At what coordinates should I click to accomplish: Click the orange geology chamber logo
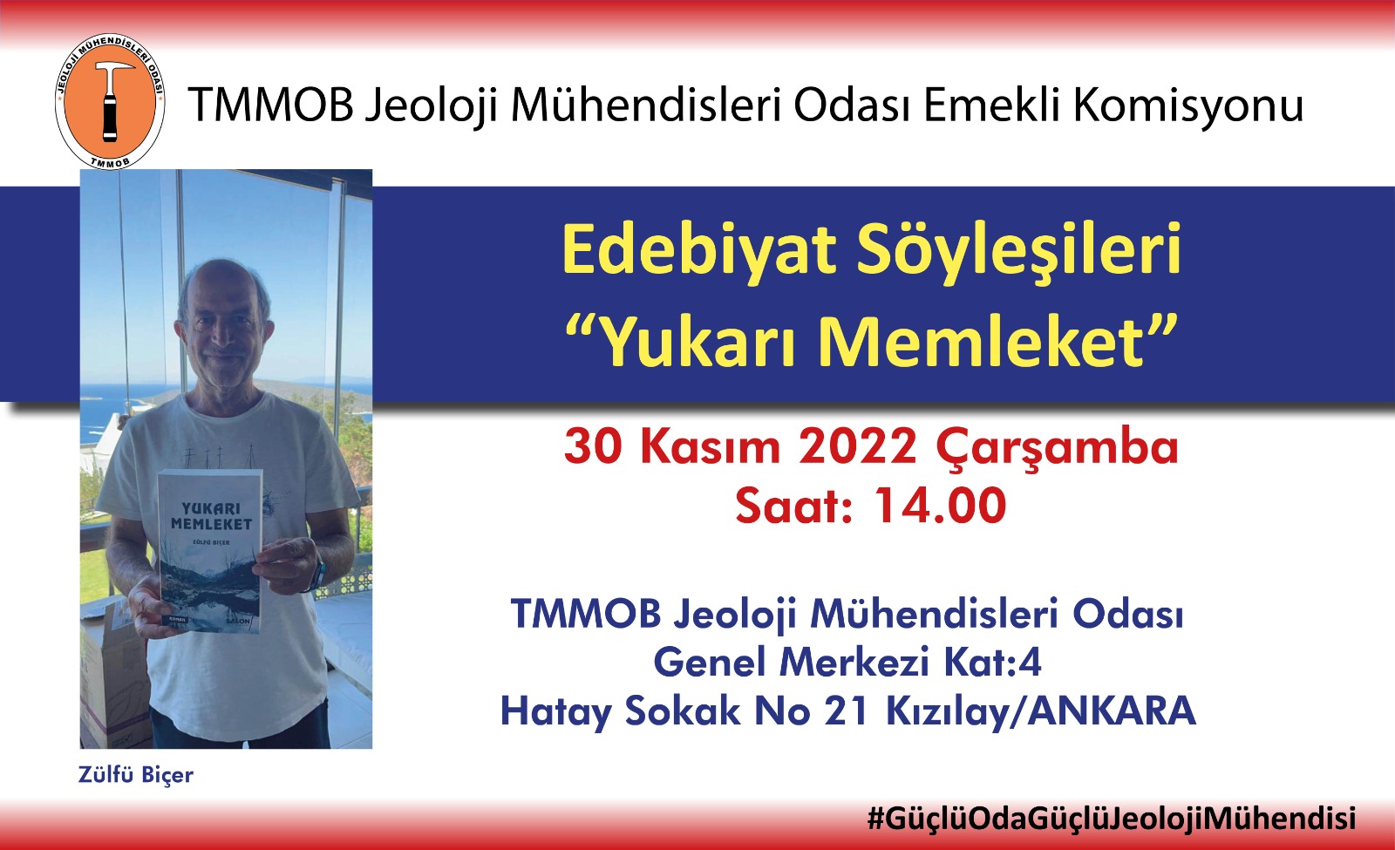click(x=110, y=101)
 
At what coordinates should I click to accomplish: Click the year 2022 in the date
click(x=858, y=446)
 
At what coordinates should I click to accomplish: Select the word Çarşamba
click(x=1057, y=448)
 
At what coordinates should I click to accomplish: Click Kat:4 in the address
click(x=993, y=662)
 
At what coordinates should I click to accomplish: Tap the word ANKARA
click(x=1112, y=711)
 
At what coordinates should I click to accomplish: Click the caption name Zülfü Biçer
click(x=136, y=776)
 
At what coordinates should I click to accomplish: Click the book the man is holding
click(x=209, y=552)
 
